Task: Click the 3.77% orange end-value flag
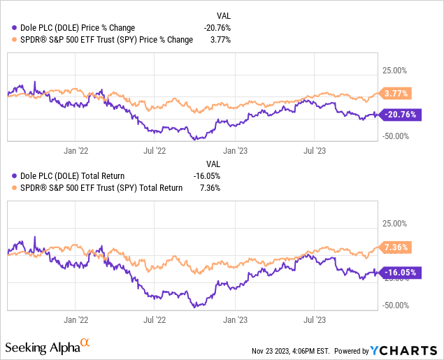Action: point(396,93)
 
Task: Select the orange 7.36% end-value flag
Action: point(396,247)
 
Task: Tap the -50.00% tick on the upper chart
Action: point(395,136)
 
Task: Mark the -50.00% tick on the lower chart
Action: point(395,305)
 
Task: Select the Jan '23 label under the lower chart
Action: point(235,319)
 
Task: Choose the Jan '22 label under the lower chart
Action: point(75,319)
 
